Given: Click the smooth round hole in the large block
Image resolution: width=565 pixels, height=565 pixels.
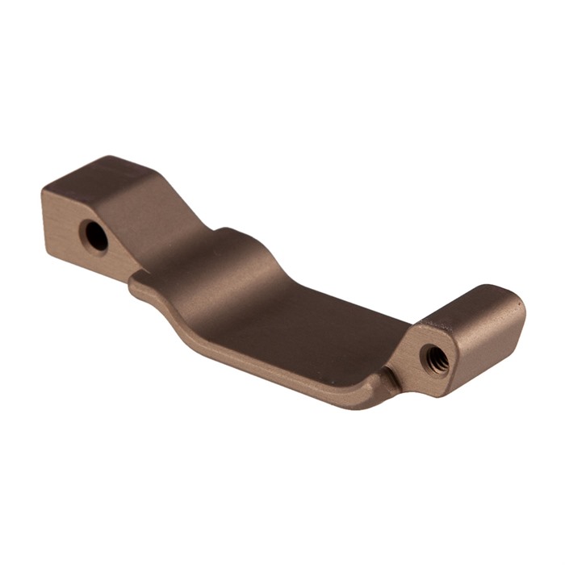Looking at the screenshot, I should pyautogui.click(x=96, y=236).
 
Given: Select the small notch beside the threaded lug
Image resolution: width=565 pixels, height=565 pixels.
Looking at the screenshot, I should pyautogui.click(x=391, y=373).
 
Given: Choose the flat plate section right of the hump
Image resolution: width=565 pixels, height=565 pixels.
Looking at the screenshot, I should pyautogui.click(x=323, y=323).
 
